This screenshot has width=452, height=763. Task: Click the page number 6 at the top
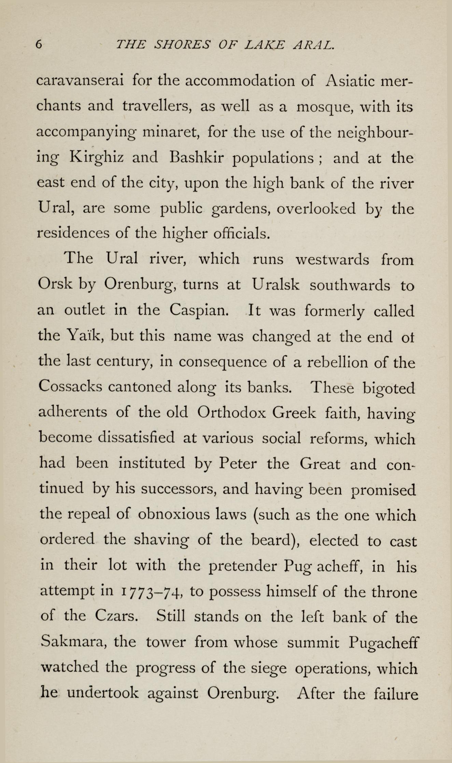click(x=39, y=44)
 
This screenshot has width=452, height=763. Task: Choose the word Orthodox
click(x=231, y=412)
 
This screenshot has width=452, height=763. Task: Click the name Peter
click(x=239, y=464)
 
